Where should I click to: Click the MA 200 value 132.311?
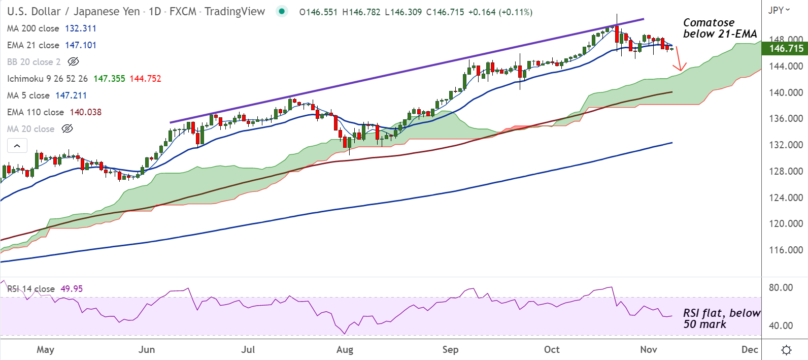click(x=80, y=28)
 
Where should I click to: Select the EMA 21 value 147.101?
click(x=80, y=45)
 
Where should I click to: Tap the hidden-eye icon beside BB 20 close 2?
click(x=73, y=62)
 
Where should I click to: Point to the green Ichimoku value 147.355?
click(x=109, y=79)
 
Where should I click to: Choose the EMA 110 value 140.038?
click(x=85, y=112)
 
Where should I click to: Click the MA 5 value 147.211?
click(x=71, y=95)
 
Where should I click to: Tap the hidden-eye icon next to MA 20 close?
click(x=67, y=129)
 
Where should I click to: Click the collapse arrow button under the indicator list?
click(x=17, y=146)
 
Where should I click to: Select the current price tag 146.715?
click(x=786, y=49)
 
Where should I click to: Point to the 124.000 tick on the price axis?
click(x=786, y=198)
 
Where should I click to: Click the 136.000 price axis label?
click(x=786, y=118)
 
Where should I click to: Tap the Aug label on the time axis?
click(x=345, y=349)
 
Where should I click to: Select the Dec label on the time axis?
click(x=750, y=349)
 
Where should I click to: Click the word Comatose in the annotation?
click(x=709, y=22)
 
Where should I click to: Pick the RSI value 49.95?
click(x=72, y=289)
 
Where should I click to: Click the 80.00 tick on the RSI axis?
click(x=781, y=287)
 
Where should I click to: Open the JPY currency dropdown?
click(x=779, y=10)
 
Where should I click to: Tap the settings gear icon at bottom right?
click(x=786, y=350)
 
